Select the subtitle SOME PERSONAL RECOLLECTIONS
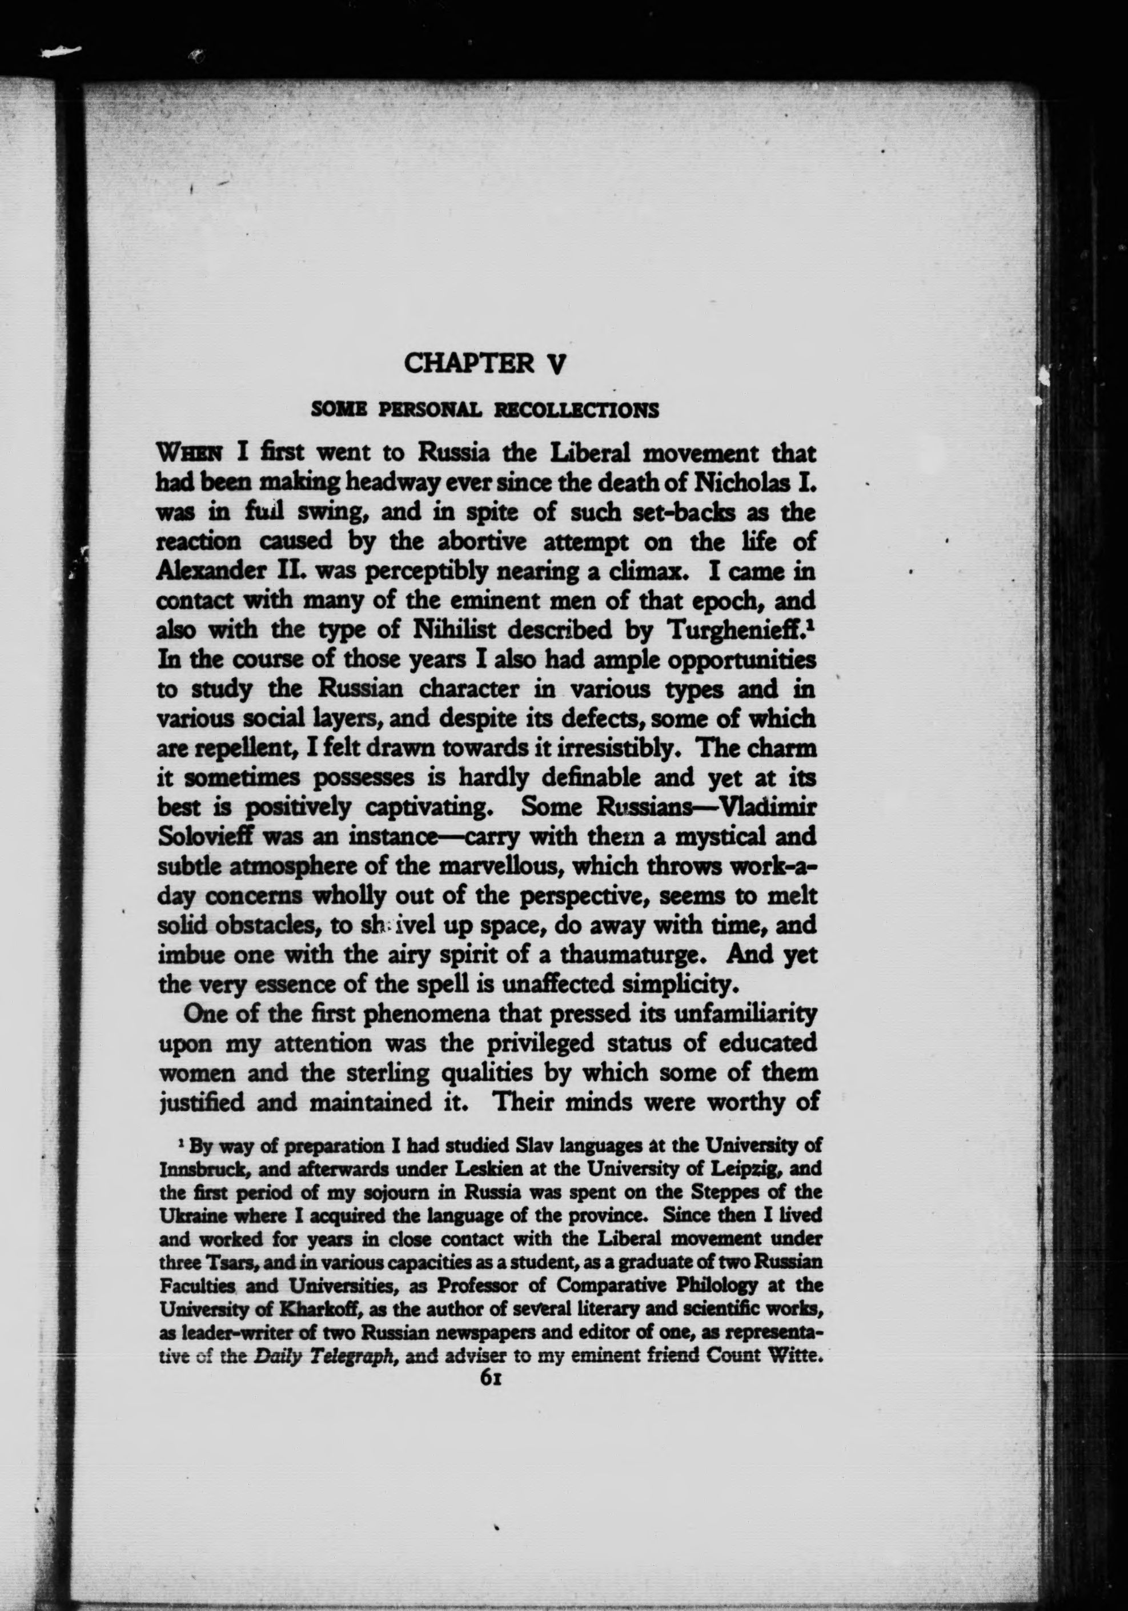[485, 410]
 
